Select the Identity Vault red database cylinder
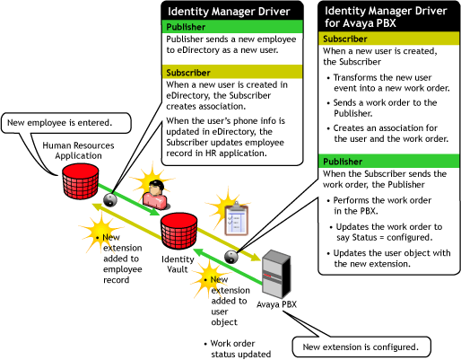[x=178, y=231]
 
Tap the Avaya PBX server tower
[x=276, y=274]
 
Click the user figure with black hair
[x=155, y=195]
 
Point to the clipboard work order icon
[x=237, y=220]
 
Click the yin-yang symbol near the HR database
[x=110, y=199]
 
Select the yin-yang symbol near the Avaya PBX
[x=231, y=257]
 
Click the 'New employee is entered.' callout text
[x=60, y=123]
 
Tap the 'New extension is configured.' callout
[x=361, y=347]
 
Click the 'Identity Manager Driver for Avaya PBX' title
[x=386, y=17]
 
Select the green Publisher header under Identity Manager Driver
[x=232, y=27]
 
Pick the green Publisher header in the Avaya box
[x=388, y=162]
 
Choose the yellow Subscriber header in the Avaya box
[x=388, y=39]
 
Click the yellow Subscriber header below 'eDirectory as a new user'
[x=232, y=73]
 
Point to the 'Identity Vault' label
[x=178, y=264]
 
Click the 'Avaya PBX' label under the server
[x=276, y=304]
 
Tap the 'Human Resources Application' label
[x=78, y=151]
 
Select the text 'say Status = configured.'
[x=385, y=238]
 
